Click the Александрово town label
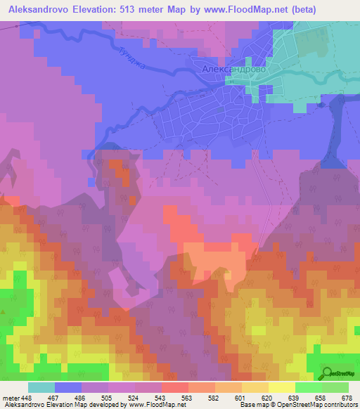233,70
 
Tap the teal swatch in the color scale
41,387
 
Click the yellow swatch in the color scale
282,387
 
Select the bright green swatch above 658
309,387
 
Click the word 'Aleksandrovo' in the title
35,9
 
